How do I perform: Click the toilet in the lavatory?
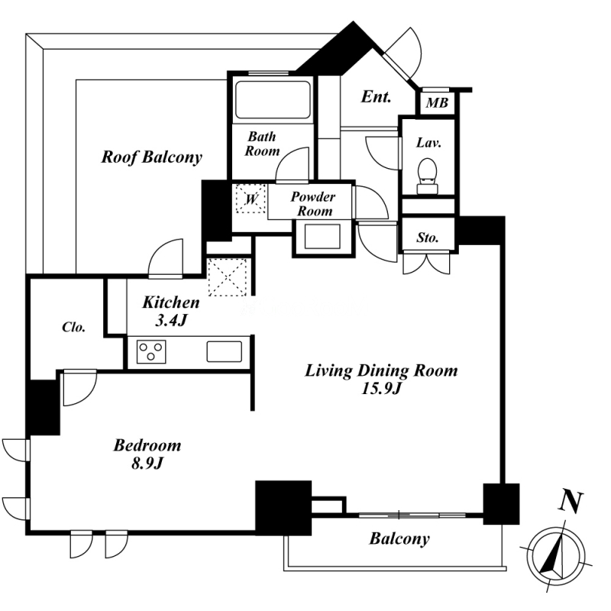pos(428,176)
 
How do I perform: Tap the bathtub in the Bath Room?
pos(273,99)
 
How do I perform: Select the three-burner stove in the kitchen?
pos(151,352)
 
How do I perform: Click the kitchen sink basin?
pos(224,351)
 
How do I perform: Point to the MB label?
pos(437,103)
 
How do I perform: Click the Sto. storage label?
pos(428,238)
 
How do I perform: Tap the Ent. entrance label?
pos(376,97)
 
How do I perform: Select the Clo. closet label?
pos(73,327)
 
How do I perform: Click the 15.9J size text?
pos(381,389)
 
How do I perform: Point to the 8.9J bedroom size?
pos(147,464)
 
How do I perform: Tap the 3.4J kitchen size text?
pos(171,320)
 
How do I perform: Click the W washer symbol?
pos(251,199)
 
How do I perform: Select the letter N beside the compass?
pos(571,502)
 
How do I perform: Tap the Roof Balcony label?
pos(151,157)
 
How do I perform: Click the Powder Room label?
pos(313,204)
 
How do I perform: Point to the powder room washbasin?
pos(322,236)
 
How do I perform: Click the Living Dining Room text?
pos(381,370)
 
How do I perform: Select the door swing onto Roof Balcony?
pos(166,258)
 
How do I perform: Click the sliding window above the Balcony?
pos(412,515)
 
